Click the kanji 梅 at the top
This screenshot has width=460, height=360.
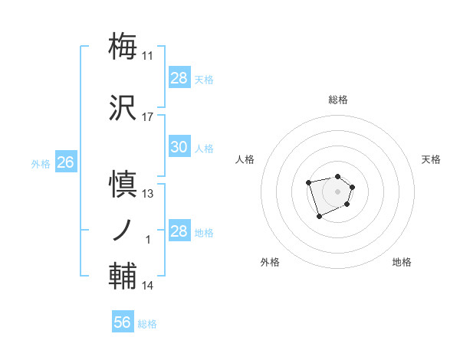[124, 46]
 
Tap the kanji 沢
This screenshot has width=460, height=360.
[124, 108]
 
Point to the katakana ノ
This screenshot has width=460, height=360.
[124, 231]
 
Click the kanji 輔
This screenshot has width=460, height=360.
[124, 277]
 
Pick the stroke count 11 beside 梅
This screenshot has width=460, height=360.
[148, 55]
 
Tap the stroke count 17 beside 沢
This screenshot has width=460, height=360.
[148, 117]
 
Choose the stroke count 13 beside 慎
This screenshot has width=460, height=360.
[148, 194]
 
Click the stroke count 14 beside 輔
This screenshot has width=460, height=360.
[148, 286]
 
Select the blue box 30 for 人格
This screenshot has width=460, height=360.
[179, 147]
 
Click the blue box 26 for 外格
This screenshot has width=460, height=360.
[65, 162]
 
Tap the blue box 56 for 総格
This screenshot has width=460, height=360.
[123, 322]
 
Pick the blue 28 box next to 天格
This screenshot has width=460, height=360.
[179, 78]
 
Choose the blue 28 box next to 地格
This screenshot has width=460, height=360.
[179, 231]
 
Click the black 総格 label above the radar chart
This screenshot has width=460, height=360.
[338, 100]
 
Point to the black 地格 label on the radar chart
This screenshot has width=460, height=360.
[402, 262]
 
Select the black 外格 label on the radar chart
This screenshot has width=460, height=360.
[270, 262]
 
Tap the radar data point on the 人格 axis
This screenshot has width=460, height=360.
[308, 182]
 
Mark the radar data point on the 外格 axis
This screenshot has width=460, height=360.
[319, 217]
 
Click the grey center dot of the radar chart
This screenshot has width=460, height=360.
[337, 191]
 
